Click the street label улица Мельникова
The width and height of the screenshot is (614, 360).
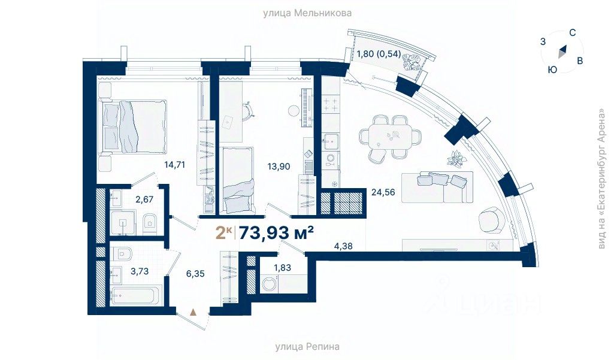tap(307, 13)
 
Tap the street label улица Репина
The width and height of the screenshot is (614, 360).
tap(307, 346)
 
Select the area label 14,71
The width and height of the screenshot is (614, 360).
tap(175, 165)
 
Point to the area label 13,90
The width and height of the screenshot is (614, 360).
tap(279, 167)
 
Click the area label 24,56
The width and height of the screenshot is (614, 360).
tap(383, 192)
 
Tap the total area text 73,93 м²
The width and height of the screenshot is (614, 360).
tap(276, 233)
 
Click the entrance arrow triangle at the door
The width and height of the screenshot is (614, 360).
tap(193, 312)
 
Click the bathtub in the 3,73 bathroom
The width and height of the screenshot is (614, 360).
tap(135, 295)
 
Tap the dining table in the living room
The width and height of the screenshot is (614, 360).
tap(390, 135)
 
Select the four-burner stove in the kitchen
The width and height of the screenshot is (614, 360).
tap(331, 104)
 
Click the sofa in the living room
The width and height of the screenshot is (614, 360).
tap(437, 187)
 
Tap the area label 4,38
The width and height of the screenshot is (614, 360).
tap(343, 246)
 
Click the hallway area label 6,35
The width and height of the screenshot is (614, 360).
tap(195, 273)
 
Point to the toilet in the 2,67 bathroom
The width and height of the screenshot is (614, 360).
tap(149, 223)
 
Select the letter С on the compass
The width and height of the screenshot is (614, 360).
tap(572, 33)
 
